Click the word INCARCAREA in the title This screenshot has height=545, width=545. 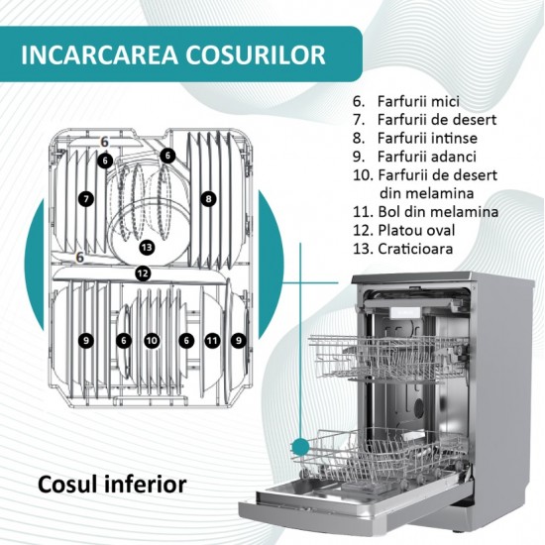99,54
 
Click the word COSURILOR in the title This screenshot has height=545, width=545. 256,54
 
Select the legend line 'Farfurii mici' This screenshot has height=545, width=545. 406,101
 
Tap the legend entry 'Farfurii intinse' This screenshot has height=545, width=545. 415,138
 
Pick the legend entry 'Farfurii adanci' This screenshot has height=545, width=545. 414,157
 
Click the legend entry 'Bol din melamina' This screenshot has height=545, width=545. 425,212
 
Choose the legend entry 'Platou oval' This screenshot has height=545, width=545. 403,230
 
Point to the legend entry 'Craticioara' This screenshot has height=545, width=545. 402,249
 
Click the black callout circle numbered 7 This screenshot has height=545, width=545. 86,199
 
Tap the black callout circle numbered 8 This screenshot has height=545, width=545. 208,199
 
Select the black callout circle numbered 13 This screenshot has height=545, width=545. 147,248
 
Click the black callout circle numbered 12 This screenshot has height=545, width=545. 143,273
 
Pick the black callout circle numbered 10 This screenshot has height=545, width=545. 152,340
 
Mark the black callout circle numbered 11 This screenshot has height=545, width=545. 212,340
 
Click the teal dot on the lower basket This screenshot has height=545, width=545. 300,447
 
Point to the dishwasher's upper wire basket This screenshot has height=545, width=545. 388,358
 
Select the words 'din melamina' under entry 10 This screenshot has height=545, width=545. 426,193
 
